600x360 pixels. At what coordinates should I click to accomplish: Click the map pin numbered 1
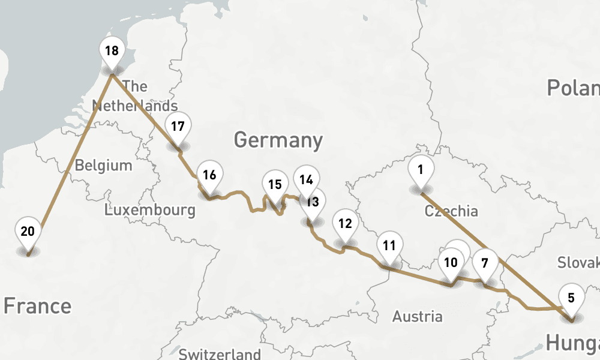[421, 170]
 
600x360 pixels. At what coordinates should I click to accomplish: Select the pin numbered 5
[571, 298]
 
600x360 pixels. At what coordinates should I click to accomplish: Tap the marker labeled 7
[485, 262]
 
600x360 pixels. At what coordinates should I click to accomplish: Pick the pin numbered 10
[451, 262]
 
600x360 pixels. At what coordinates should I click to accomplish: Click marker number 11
[389, 245]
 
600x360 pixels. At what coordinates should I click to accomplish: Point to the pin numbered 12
[345, 224]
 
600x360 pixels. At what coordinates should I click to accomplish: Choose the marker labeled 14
[307, 179]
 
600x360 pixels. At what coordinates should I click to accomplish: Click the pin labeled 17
[178, 127]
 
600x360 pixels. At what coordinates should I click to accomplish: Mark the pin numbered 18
[112, 51]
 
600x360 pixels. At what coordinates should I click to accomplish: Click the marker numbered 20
[28, 232]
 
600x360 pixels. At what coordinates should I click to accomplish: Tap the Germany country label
[278, 140]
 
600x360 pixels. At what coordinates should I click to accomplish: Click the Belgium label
[103, 165]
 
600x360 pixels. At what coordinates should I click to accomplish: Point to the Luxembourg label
[149, 210]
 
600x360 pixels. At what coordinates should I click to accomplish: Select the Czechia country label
[451, 211]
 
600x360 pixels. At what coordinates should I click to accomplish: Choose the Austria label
[417, 316]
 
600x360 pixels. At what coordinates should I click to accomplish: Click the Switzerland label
[220, 353]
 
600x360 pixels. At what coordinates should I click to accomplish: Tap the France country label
[37, 306]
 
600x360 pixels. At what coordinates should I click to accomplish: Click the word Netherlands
[134, 106]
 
